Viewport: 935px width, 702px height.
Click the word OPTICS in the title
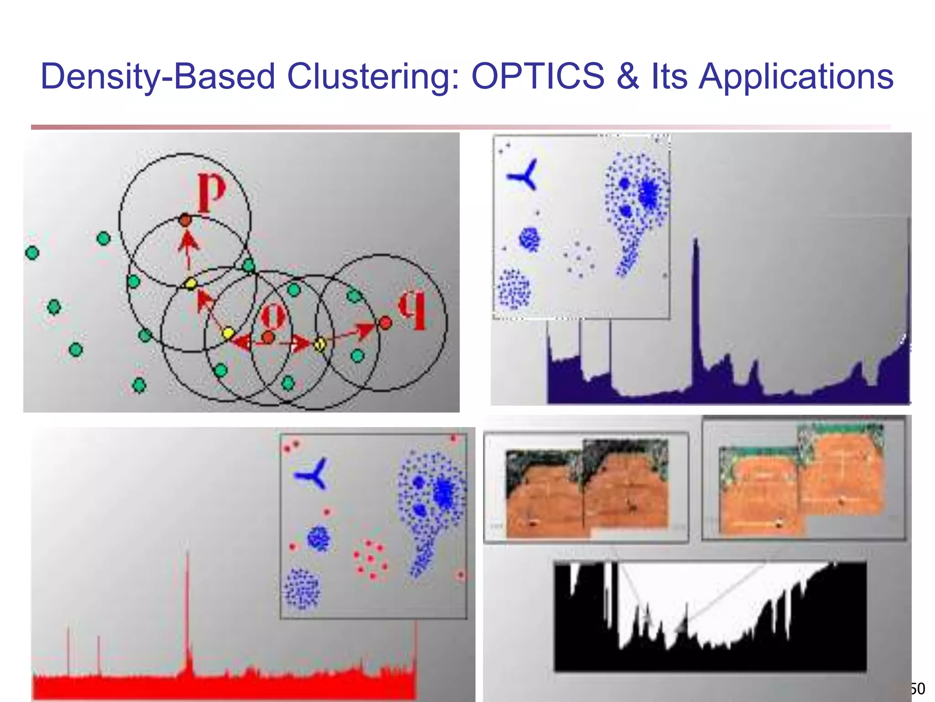(x=538, y=76)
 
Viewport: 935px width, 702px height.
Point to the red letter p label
(x=211, y=192)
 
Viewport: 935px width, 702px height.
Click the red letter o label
(x=273, y=315)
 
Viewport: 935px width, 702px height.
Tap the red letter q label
(x=412, y=311)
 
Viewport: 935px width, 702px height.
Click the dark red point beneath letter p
(x=185, y=220)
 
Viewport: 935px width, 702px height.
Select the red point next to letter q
(x=386, y=323)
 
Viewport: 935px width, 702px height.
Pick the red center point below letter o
(x=268, y=338)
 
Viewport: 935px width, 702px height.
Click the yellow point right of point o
(x=320, y=344)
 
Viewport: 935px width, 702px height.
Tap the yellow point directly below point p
(x=191, y=284)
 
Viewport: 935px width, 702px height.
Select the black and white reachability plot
(x=710, y=617)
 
